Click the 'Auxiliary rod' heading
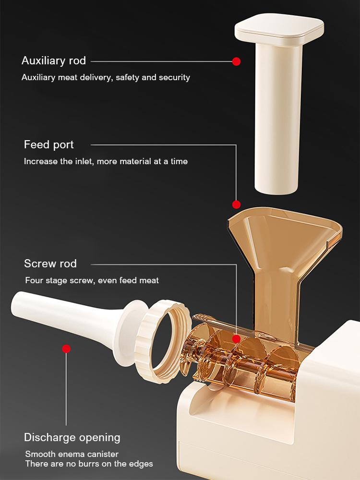click(x=54, y=61)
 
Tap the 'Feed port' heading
click(x=49, y=145)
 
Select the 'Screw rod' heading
click(x=50, y=264)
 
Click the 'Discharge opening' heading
click(x=72, y=438)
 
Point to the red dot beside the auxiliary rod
click(x=236, y=61)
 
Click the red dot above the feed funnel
click(x=236, y=204)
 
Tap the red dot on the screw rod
click(x=236, y=339)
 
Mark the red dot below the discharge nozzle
click(x=66, y=348)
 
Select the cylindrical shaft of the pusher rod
click(x=278, y=120)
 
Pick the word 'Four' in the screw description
click(x=34, y=280)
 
